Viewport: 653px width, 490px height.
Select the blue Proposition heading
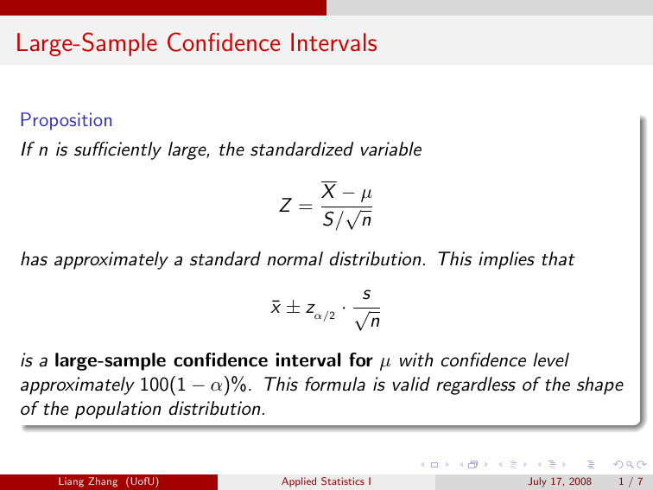67,120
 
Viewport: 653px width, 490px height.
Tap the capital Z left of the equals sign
285,206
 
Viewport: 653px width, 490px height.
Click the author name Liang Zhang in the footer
88,481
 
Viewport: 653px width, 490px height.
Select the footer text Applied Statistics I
326,481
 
